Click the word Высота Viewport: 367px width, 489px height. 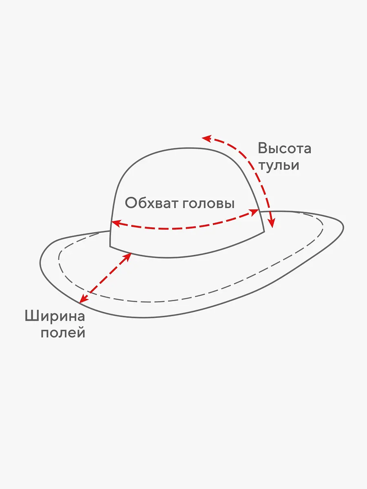click(x=285, y=148)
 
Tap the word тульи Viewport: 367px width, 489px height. click(x=279, y=166)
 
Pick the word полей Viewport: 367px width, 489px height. click(x=63, y=333)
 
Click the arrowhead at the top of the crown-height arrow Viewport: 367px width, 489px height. click(x=206, y=138)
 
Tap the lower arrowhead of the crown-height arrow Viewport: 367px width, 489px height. click(x=271, y=223)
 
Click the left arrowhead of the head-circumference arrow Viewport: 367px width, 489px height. click(x=116, y=223)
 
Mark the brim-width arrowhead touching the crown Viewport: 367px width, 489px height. click(x=127, y=257)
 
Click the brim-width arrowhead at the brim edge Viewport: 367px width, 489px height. click(x=84, y=299)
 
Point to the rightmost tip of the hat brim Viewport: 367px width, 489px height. click(x=344, y=227)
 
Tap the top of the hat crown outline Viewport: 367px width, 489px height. click(x=183, y=148)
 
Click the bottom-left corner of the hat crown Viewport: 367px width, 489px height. click(x=110, y=247)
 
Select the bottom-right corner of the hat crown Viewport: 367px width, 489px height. click(x=265, y=231)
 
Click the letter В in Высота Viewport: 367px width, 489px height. click(x=263, y=148)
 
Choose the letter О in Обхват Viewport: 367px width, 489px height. click(x=130, y=203)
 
